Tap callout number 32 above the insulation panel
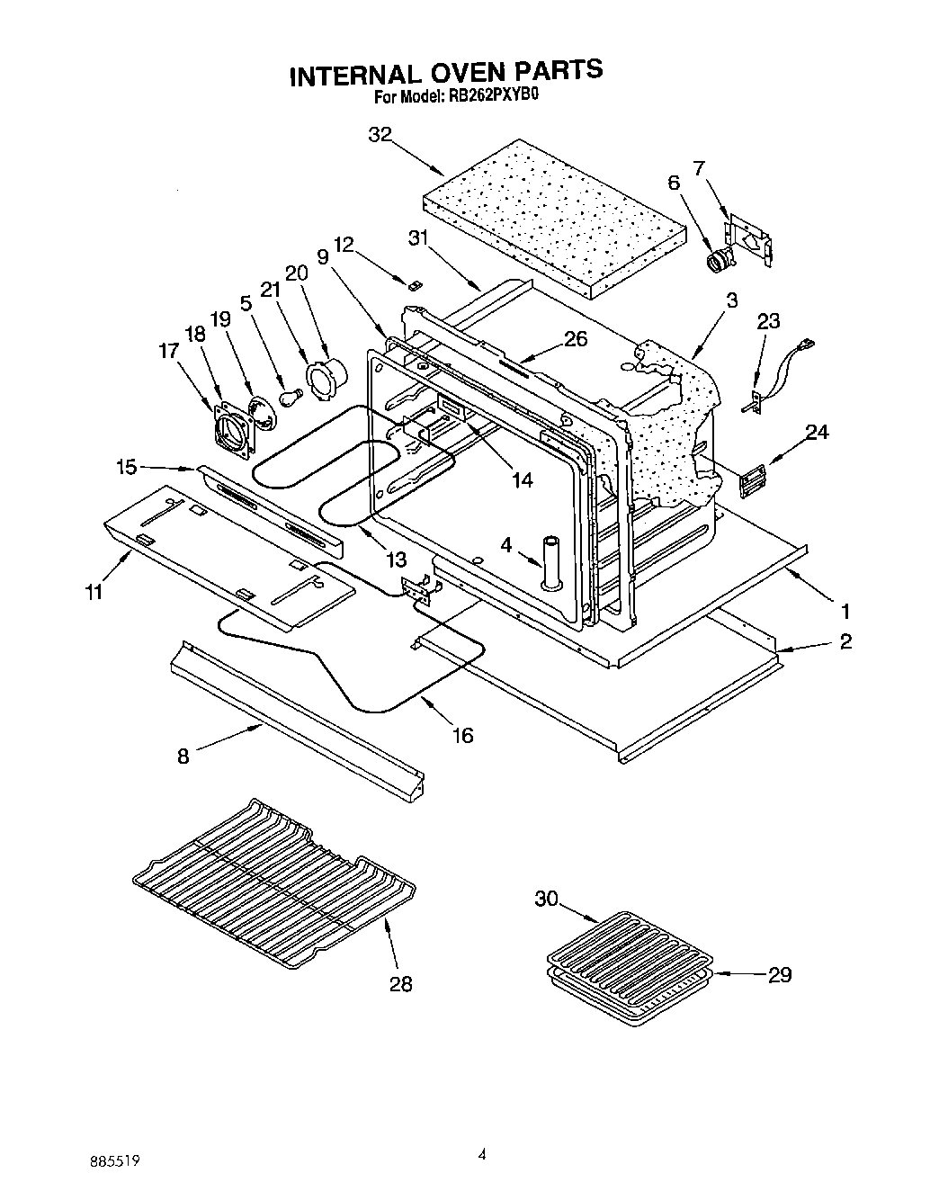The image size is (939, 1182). (380, 135)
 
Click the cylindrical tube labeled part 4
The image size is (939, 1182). (550, 563)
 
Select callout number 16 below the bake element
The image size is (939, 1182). (462, 735)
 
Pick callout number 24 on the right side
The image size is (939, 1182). (816, 432)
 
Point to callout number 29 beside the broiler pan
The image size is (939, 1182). (779, 974)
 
